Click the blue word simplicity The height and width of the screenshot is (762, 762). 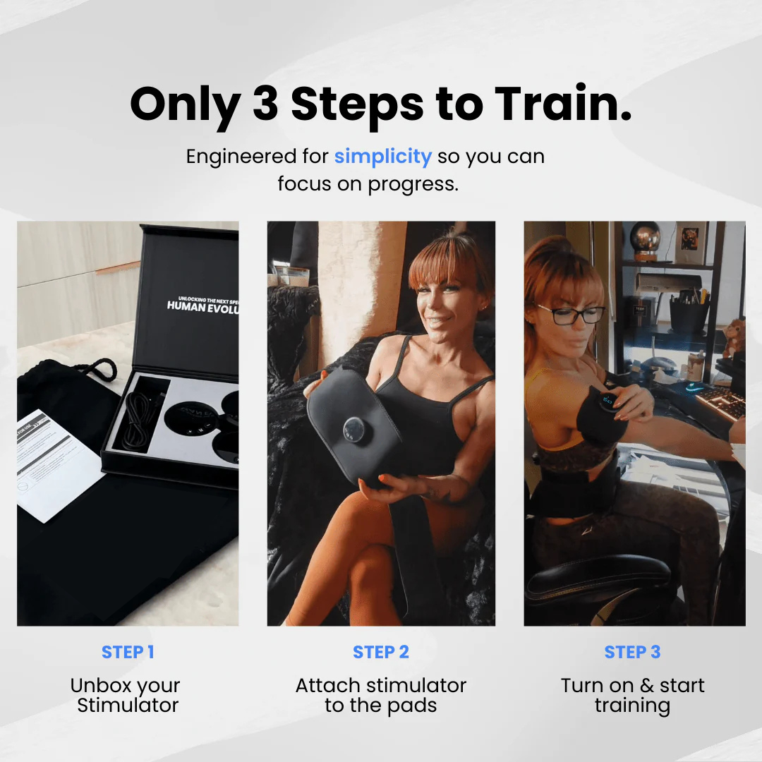tap(382, 156)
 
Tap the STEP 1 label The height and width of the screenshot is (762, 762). tap(128, 652)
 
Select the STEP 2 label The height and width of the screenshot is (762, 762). tap(381, 652)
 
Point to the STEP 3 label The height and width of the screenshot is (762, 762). tap(632, 652)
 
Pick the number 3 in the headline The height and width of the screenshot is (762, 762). tap(265, 104)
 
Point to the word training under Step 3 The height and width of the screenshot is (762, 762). tap(632, 706)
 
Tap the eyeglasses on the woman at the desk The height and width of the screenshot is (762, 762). tap(570, 314)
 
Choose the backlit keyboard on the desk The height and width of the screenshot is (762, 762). tap(720, 402)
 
